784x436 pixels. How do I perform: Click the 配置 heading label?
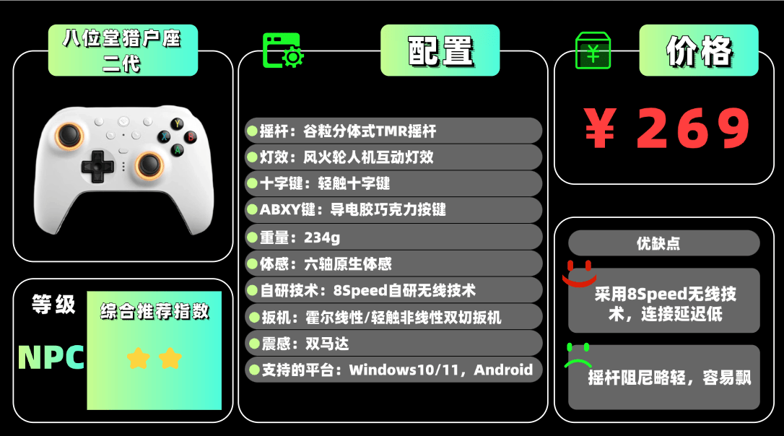coord(440,51)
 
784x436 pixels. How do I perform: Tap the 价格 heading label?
coord(698,51)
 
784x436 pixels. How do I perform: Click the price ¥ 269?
coord(668,129)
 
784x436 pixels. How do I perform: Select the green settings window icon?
coord(282,51)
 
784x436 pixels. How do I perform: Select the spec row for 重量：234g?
coord(393,237)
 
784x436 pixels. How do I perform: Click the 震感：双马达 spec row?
coord(393,342)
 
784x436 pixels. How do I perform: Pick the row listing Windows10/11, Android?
coord(393,370)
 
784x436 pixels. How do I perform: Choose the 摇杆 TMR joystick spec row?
coord(393,131)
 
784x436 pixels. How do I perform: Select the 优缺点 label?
coord(663,243)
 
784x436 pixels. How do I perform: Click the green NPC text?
coord(51,357)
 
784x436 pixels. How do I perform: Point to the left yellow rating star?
coord(138,358)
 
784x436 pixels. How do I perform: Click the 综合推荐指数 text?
coord(154,311)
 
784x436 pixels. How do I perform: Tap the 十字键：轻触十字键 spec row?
coord(393,183)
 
